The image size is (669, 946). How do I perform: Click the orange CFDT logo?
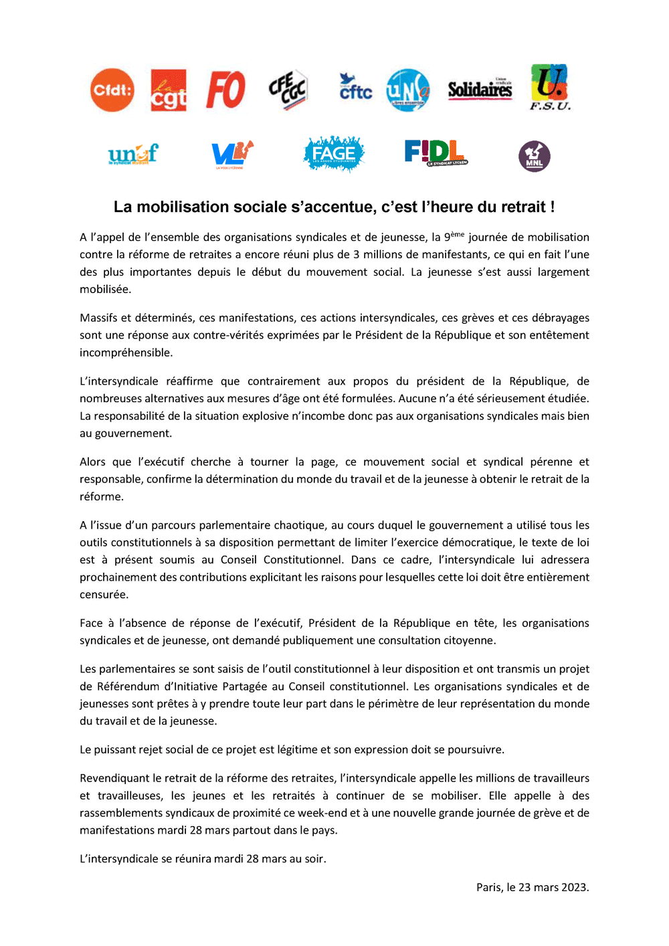[112, 90]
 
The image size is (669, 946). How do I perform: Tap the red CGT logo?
[169, 90]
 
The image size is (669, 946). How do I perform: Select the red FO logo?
[225, 90]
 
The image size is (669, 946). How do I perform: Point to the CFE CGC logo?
[288, 90]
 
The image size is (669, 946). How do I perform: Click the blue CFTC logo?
[355, 88]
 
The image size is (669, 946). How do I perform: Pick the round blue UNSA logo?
[408, 90]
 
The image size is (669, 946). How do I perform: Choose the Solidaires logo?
[480, 89]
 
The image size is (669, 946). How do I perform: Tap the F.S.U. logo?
[550, 88]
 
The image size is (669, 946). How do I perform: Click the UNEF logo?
[133, 155]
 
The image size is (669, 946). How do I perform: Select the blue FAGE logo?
[334, 154]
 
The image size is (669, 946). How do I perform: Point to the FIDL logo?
[436, 153]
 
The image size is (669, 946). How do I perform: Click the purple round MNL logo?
[535, 157]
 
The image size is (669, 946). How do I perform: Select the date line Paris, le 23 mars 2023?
[533, 887]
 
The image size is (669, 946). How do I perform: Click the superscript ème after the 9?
[458, 234]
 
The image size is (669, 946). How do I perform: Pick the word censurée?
[104, 595]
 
